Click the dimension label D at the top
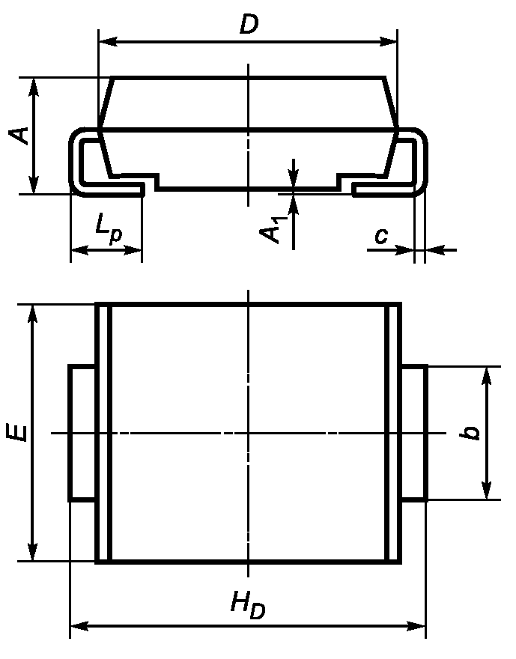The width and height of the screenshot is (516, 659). pyautogui.click(x=249, y=25)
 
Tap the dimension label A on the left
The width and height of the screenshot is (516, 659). pyautogui.click(x=19, y=135)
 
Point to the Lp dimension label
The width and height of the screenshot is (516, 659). pyautogui.click(x=109, y=231)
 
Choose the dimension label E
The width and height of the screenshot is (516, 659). pyautogui.click(x=17, y=433)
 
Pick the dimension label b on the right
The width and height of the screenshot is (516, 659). pyautogui.click(x=470, y=433)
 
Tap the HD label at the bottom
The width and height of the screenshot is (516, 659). pyautogui.click(x=248, y=604)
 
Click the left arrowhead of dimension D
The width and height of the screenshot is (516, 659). pyautogui.click(x=108, y=42)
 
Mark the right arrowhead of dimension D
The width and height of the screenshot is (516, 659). pyautogui.click(x=387, y=42)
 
